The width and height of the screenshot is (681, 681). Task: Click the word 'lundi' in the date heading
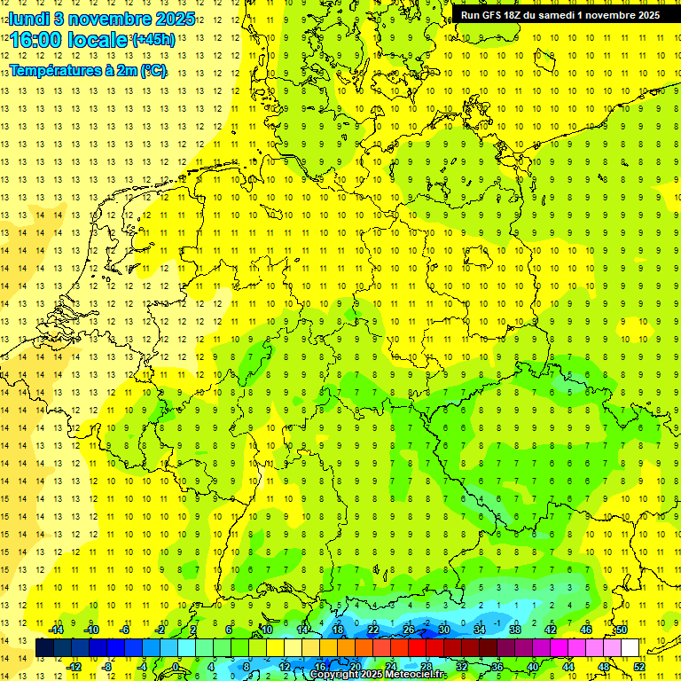click(30, 19)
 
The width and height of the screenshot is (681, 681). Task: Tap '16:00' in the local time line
click(38, 41)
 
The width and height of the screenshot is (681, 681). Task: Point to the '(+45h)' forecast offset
click(153, 40)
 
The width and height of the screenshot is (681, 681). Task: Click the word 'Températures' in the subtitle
click(55, 71)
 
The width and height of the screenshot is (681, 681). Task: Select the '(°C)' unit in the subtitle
click(152, 71)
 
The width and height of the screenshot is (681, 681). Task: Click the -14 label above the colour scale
click(55, 630)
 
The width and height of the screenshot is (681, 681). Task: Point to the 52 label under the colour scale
click(639, 667)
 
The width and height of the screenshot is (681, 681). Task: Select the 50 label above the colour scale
click(622, 630)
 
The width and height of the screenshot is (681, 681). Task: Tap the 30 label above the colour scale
click(444, 630)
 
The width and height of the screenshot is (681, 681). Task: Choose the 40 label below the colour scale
click(533, 667)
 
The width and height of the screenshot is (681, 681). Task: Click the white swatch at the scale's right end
click(630, 648)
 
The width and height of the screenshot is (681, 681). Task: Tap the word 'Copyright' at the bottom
click(334, 675)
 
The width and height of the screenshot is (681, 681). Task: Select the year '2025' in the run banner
click(646, 15)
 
